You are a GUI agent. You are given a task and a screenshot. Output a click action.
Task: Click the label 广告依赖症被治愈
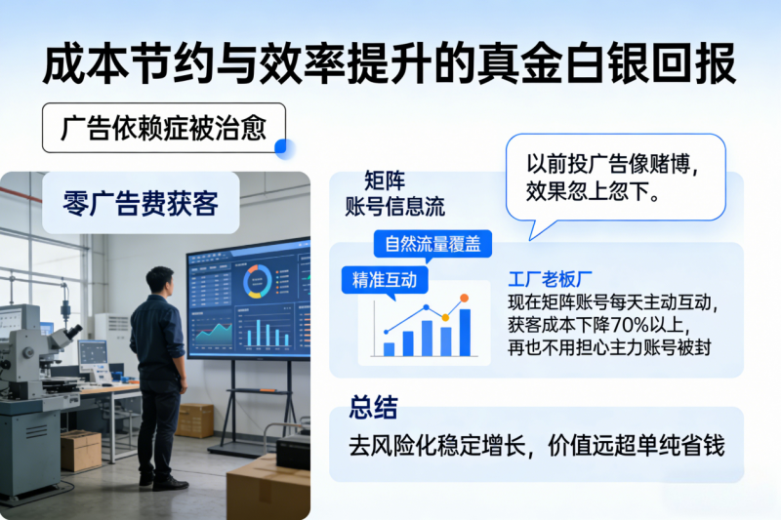click(x=162, y=128)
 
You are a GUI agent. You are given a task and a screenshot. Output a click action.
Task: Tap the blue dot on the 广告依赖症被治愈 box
click(x=283, y=148)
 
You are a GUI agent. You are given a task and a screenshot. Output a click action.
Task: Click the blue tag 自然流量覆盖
click(x=432, y=243)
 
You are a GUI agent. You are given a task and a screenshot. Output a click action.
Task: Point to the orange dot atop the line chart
click(x=464, y=298)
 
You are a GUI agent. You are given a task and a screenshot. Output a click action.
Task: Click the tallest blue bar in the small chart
click(x=465, y=333)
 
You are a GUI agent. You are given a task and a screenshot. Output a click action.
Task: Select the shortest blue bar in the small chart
click(x=389, y=347)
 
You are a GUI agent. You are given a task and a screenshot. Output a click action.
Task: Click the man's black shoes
click(x=163, y=481)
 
